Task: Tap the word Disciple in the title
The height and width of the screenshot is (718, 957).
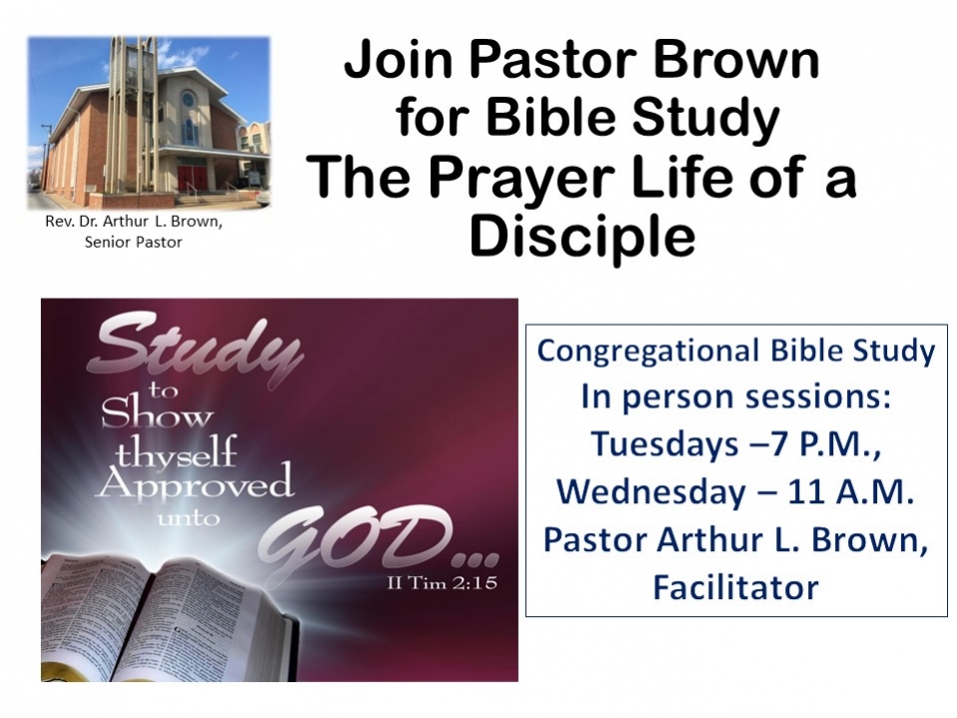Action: (582, 237)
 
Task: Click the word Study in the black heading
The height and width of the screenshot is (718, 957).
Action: (705, 120)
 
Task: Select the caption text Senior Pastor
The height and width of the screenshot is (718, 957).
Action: (134, 243)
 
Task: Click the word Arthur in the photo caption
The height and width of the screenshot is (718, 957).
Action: (122, 221)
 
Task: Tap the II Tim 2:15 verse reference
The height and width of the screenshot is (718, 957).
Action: (442, 583)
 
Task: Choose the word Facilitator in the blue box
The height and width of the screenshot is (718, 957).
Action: (736, 587)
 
